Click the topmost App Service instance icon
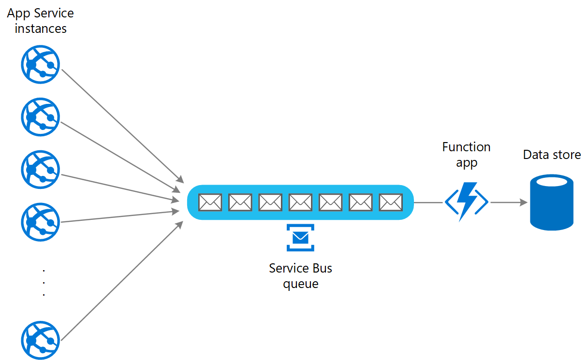[x=40, y=64]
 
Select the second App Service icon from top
[x=40, y=117]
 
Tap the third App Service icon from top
[x=40, y=169]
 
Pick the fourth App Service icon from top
[x=40, y=222]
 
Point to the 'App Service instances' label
[x=40, y=21]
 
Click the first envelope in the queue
[x=210, y=202]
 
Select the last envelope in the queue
[x=391, y=202]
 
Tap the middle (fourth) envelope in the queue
[x=300, y=202]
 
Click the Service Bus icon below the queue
[x=300, y=237]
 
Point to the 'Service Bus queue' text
[x=300, y=275]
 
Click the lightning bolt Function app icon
[x=466, y=202]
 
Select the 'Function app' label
[x=466, y=155]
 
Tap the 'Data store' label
[x=552, y=155]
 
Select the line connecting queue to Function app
[x=429, y=202]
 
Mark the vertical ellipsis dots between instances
[x=44, y=282]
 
